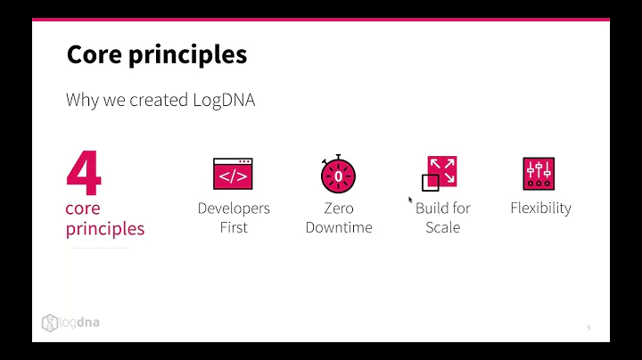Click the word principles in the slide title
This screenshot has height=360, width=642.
(x=189, y=55)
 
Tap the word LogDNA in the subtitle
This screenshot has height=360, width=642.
(x=224, y=100)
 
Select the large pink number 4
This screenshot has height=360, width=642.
(x=83, y=174)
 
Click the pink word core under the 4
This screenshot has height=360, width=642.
(x=83, y=209)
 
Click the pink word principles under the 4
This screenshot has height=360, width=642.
(x=105, y=228)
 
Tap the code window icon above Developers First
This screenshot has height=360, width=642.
(x=233, y=174)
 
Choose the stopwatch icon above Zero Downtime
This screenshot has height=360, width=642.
(x=339, y=174)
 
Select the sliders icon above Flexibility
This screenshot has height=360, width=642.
(x=539, y=173)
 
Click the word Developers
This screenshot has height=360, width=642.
(x=234, y=209)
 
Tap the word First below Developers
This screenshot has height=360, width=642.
(x=234, y=227)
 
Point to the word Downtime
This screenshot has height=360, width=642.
(x=339, y=227)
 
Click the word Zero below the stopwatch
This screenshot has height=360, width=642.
(x=339, y=209)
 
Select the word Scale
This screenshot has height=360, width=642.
(x=442, y=227)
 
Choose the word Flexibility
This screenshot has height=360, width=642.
(x=540, y=209)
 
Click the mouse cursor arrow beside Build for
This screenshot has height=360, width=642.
(x=410, y=200)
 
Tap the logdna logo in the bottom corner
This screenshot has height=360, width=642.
(x=70, y=322)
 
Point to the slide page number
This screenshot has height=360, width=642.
(x=588, y=328)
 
